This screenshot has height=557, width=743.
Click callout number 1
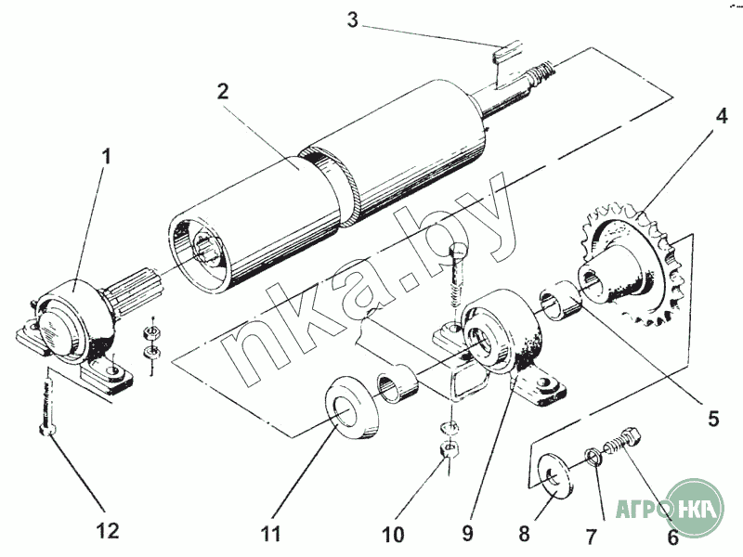(x=107, y=156)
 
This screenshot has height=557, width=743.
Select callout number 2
(x=223, y=91)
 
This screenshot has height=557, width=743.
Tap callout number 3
(x=352, y=19)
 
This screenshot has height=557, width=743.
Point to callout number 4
(x=722, y=115)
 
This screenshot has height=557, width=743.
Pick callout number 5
(x=713, y=419)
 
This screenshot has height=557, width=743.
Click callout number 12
(x=108, y=531)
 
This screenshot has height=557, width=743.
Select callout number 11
(x=270, y=534)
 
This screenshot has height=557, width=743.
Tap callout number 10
(x=393, y=535)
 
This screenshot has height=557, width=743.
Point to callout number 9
(x=467, y=533)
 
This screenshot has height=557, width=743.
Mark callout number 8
(x=524, y=534)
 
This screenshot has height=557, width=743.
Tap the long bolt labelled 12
(x=48, y=403)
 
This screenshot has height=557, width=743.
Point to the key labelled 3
(x=507, y=64)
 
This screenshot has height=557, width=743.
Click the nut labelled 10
(x=450, y=448)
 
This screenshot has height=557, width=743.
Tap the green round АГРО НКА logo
(x=695, y=507)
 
